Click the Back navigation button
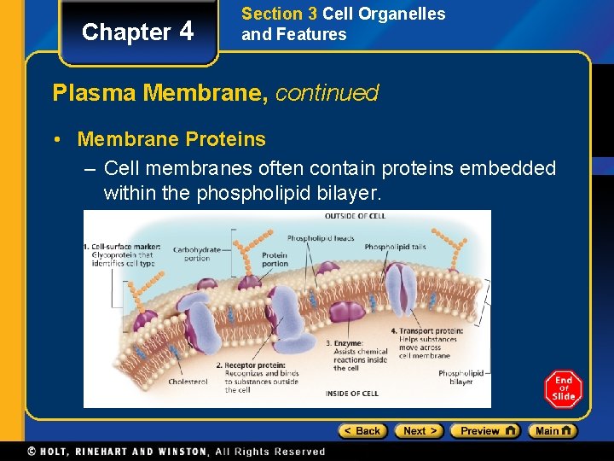(x=363, y=431)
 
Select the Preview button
(x=484, y=431)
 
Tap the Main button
(x=552, y=431)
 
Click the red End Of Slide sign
(x=563, y=389)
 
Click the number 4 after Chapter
(x=187, y=32)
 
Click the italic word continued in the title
(x=327, y=93)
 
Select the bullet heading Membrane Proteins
(x=171, y=139)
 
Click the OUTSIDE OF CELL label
(x=356, y=217)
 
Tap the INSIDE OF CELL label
(x=351, y=394)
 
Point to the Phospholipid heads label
(x=321, y=238)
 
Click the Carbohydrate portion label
(x=197, y=254)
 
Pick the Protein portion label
(x=275, y=260)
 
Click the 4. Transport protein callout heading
(x=426, y=330)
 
